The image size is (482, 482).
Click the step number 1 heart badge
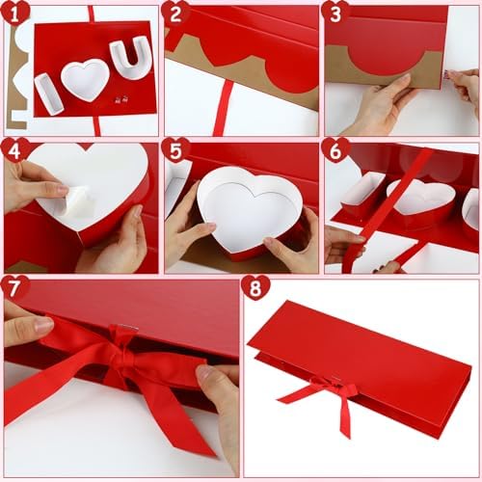pos(15,13)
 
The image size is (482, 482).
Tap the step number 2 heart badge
pos(175,13)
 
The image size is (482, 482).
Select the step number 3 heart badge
pos(335,13)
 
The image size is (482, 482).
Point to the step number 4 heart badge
pos(15,150)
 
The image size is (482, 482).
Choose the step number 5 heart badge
pos(175,150)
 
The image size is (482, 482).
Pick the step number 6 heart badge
pos(335,150)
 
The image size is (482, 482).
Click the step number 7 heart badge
pos(15,287)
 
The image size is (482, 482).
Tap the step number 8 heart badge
pos(255,287)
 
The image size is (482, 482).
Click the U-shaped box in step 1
pos(130,58)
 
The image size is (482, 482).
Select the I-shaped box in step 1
pos(48,94)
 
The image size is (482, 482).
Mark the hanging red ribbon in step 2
pos(222,108)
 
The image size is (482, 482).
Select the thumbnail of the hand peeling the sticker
pos(81,205)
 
